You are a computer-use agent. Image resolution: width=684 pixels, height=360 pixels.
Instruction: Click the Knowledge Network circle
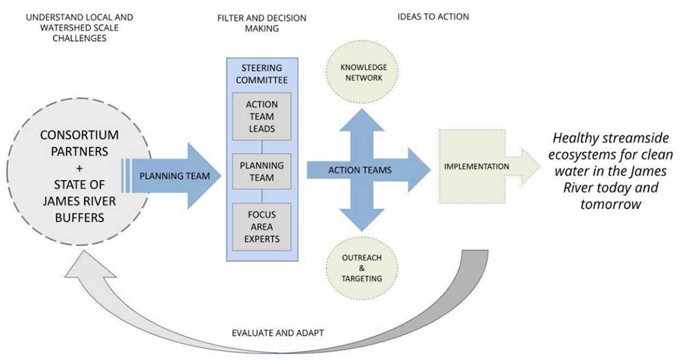[x=364, y=73]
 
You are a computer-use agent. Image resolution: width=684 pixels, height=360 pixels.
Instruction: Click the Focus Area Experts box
[x=261, y=226]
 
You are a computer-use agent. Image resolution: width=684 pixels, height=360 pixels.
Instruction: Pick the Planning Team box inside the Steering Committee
[x=261, y=171]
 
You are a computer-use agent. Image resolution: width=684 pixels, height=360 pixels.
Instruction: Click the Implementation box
[x=471, y=166]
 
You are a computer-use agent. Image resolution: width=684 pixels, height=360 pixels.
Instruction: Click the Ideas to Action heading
[x=433, y=16]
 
